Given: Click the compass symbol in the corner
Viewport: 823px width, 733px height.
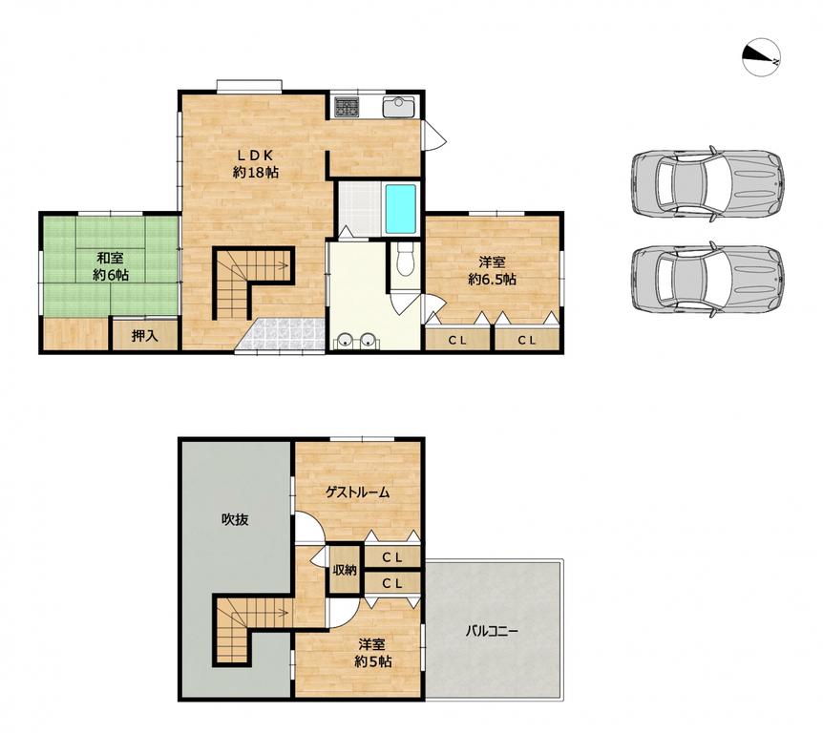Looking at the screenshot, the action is click(x=762, y=56).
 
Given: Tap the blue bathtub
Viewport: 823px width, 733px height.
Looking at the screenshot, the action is click(x=401, y=208).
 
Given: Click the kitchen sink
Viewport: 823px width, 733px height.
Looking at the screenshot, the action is click(x=398, y=108).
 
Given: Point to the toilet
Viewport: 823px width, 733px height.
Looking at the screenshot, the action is click(x=405, y=259).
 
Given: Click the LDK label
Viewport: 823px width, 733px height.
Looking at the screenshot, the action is click(x=256, y=156).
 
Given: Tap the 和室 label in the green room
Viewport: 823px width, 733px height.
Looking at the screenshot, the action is click(x=110, y=258).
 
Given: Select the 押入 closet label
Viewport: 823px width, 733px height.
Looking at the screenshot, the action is click(x=145, y=336).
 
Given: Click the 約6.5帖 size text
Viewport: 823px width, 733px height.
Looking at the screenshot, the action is click(x=492, y=279).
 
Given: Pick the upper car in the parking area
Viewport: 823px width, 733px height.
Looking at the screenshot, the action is click(x=707, y=183).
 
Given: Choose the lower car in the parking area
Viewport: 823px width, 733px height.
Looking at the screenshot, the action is click(x=707, y=279).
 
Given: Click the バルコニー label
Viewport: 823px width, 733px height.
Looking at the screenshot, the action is click(x=492, y=631).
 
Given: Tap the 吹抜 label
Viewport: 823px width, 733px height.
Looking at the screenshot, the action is click(x=234, y=520).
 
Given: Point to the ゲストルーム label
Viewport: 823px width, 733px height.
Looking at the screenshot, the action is click(x=357, y=492).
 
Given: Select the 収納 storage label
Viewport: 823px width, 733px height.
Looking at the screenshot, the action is click(x=345, y=571).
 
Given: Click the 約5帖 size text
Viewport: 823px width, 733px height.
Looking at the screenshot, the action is click(x=372, y=661).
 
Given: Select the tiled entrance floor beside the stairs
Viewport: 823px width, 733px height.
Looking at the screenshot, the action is click(x=281, y=333).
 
